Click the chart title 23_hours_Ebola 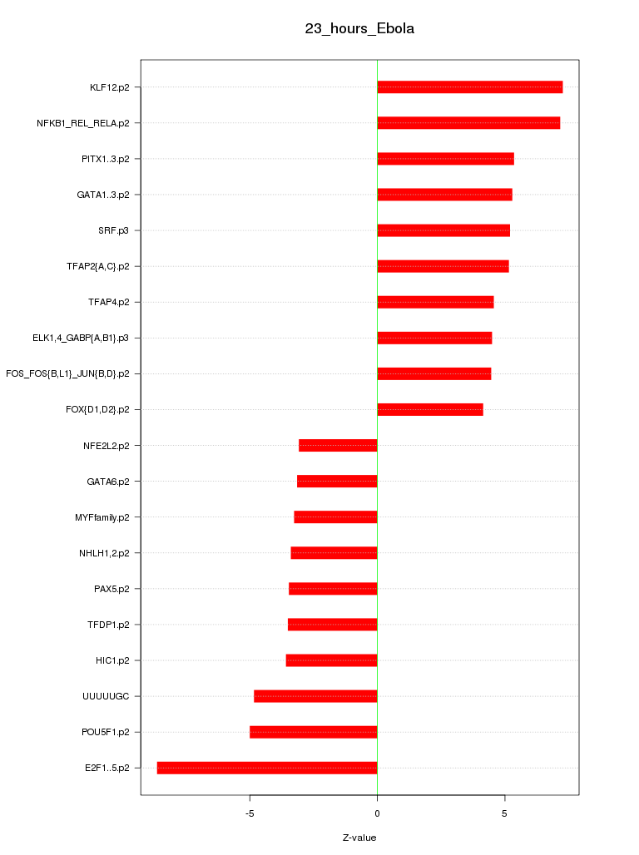click(x=359, y=29)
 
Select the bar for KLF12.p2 click(x=469, y=87)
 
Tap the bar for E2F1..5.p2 click(x=267, y=768)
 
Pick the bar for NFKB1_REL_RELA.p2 click(x=468, y=123)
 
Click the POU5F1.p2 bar click(x=314, y=732)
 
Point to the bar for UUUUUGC click(x=315, y=696)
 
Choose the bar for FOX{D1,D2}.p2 click(x=430, y=409)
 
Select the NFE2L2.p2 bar click(x=338, y=445)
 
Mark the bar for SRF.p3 click(x=443, y=230)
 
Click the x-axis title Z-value click(x=359, y=838)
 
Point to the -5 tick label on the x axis click(x=250, y=813)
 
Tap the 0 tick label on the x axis click(x=377, y=813)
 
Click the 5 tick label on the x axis click(x=505, y=813)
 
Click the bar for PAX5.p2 click(x=333, y=589)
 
